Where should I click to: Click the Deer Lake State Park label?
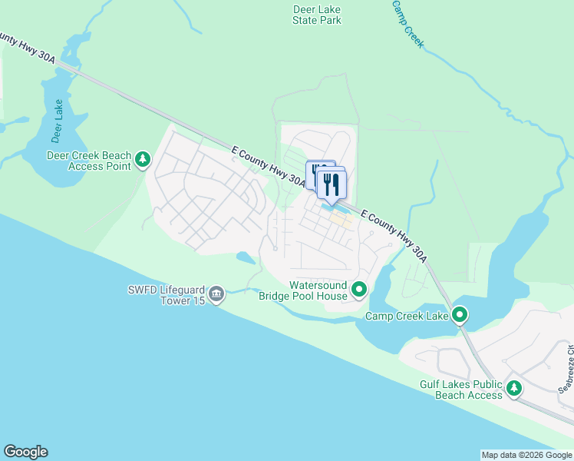coord(317,15)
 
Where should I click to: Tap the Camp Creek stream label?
coord(407,24)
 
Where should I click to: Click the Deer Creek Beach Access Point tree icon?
coord(143,160)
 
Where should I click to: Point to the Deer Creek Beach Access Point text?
coord(89,160)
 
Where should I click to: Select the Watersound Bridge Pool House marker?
coord(360,290)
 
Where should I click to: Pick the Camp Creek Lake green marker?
coord(460,315)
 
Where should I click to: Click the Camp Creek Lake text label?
coord(407,316)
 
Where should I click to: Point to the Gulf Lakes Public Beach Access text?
coord(460,390)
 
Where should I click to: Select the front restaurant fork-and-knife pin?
coord(332,184)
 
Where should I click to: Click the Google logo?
coord(25,452)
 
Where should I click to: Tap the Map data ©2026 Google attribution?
coord(526,455)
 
